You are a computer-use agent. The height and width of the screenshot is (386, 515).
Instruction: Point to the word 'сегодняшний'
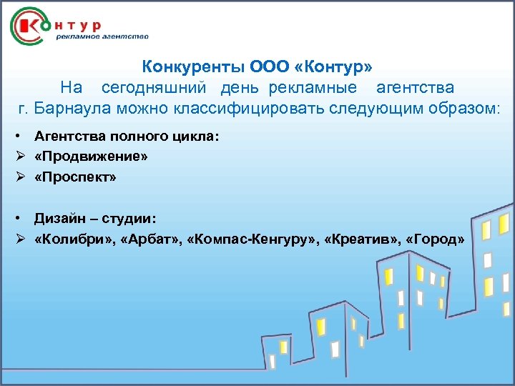coord(147,88)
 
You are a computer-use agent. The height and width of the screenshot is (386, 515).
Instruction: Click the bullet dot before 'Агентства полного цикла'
coord(24,136)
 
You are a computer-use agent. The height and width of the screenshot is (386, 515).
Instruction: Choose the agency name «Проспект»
coord(74,176)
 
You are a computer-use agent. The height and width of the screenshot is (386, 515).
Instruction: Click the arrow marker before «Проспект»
coord(24,176)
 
